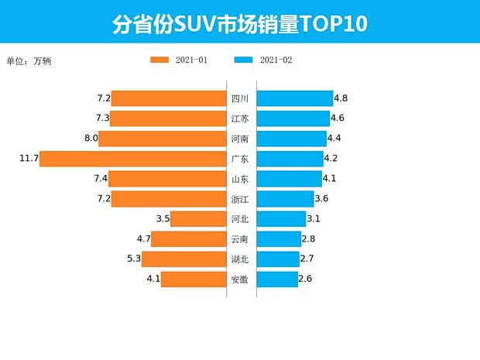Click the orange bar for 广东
tap(132, 159)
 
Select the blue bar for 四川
tap(294, 98)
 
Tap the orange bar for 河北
tap(198, 219)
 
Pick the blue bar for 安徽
tap(276, 279)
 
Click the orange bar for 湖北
tap(183, 259)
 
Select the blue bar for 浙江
tap(284, 199)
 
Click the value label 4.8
tap(341, 98)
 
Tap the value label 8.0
tap(91, 139)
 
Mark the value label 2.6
tap(305, 279)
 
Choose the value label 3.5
tap(163, 219)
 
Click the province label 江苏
tap(240, 118)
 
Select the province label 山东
tap(240, 179)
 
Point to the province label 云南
tap(240, 239)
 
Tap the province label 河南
tap(240, 139)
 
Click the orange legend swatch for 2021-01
tap(159, 60)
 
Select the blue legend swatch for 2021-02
tap(243, 60)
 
